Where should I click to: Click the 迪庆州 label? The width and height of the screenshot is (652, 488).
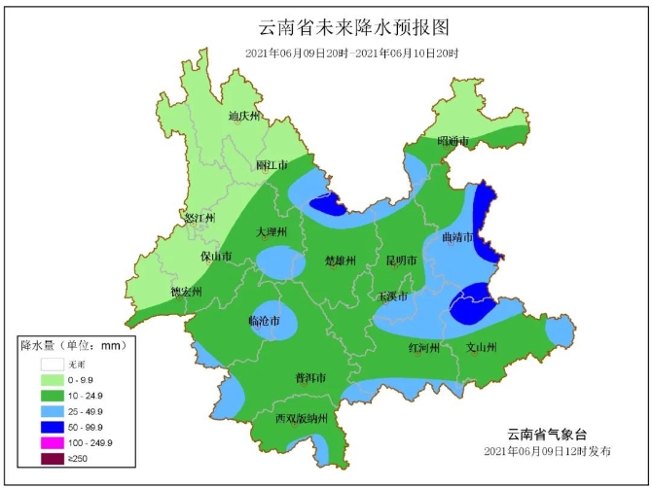244,117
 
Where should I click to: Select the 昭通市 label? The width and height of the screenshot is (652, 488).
453,142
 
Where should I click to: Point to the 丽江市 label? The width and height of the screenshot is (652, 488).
272,166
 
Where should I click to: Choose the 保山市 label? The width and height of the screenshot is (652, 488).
216,258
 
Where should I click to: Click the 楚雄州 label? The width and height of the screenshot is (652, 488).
341,261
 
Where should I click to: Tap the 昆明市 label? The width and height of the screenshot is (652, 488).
401,261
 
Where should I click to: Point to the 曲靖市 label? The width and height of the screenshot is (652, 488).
457,237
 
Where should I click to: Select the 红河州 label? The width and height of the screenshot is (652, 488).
424,347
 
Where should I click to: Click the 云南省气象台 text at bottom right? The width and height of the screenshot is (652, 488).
548,435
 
